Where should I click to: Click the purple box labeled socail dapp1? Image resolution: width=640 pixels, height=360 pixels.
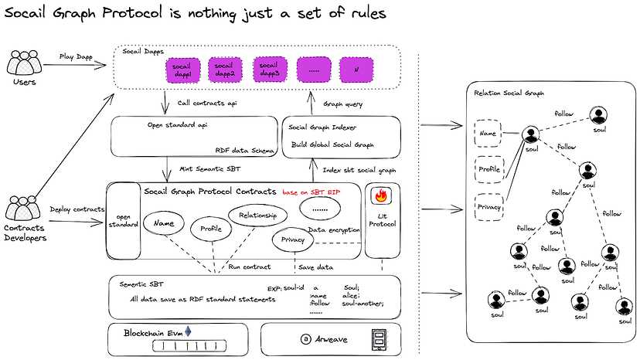(x=183, y=70)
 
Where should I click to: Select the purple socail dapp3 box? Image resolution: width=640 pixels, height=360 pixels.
(x=270, y=70)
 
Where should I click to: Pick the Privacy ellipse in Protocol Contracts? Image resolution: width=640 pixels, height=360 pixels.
(x=292, y=240)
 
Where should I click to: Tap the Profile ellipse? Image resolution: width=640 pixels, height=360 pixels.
(x=211, y=229)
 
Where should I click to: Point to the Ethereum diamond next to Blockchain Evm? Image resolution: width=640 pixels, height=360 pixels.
(x=186, y=330)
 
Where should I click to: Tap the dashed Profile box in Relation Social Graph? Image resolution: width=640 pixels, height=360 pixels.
(x=489, y=168)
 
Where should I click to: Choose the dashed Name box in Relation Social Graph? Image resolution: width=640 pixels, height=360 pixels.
(x=488, y=133)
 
